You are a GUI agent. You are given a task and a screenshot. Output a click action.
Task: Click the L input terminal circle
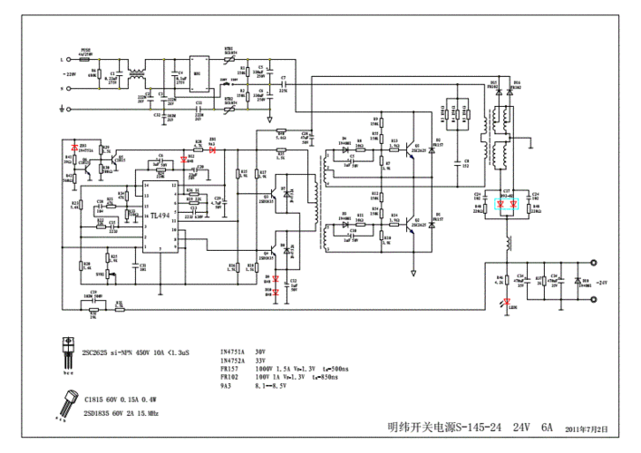(61, 60)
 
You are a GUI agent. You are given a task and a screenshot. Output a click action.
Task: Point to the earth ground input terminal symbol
(61, 109)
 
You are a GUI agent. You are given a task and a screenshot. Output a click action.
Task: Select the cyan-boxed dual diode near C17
(508, 206)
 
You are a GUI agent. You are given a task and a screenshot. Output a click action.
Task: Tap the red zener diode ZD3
(83, 148)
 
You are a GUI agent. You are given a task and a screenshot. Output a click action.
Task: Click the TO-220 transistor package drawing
(65, 349)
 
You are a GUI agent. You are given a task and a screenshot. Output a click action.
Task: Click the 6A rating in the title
(548, 427)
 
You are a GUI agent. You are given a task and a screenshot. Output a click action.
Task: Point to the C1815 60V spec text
(107, 399)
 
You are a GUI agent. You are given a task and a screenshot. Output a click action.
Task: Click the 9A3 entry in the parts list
(226, 387)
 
